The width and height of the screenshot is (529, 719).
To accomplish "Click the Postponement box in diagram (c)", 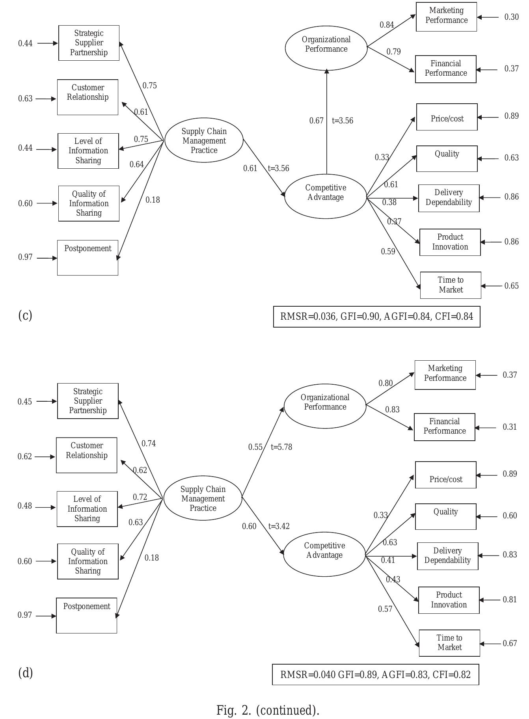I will [88, 257].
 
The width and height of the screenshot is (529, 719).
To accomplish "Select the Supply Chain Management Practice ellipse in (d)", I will [203, 498].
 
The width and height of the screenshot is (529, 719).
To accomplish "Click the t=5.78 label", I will [281, 447].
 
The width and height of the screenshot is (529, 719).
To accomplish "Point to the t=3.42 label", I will [279, 526].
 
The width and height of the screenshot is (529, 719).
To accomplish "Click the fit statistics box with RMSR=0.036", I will [376, 317].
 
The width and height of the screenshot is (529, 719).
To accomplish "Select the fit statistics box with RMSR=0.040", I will [375, 674].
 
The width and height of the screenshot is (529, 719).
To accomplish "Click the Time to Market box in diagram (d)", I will [449, 643].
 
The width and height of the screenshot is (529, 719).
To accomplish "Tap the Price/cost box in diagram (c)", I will [447, 117].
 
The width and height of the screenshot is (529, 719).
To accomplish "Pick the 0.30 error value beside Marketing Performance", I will [511, 17].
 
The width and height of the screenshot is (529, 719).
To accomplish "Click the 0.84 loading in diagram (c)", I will [387, 25].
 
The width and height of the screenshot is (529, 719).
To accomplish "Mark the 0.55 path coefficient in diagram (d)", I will [255, 447].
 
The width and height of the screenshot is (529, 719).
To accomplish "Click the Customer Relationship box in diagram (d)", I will [87, 455].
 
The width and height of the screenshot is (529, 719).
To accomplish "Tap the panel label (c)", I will [25, 315].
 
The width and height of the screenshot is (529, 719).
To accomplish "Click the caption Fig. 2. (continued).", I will [268, 710].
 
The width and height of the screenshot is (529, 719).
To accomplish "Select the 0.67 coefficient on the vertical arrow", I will [316, 121].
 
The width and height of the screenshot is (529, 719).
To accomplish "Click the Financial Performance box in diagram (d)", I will [445, 427].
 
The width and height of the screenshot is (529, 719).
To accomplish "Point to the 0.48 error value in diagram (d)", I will [24, 506].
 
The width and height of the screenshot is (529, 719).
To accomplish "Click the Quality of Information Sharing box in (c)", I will [89, 203].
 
